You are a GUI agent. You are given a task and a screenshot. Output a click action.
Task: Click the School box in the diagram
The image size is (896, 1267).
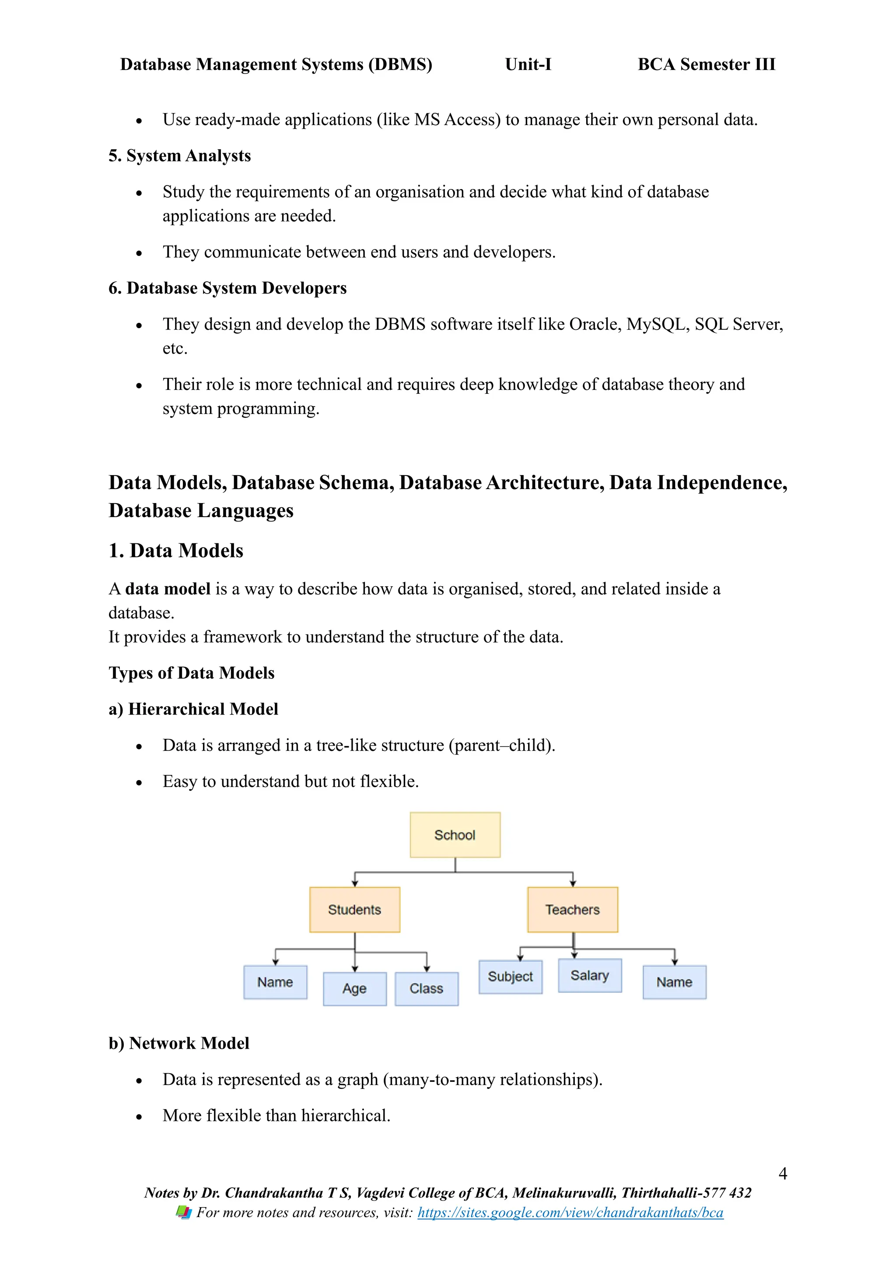(455, 834)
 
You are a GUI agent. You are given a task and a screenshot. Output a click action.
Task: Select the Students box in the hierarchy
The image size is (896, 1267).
(354, 910)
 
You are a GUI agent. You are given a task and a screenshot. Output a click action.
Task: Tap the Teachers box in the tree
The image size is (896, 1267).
(572, 910)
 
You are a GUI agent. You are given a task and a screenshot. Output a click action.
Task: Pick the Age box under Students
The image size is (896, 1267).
(354, 988)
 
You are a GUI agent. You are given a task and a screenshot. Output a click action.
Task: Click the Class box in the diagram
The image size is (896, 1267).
(426, 988)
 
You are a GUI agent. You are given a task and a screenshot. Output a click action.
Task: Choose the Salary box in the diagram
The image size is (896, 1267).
(589, 975)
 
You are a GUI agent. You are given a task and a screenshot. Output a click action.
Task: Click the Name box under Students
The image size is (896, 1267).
(275, 982)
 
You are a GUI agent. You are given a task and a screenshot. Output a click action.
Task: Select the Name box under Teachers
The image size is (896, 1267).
(674, 982)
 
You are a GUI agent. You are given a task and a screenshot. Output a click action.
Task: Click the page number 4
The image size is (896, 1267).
(782, 1173)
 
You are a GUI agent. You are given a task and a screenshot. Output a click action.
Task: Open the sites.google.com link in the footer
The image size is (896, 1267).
(570, 1212)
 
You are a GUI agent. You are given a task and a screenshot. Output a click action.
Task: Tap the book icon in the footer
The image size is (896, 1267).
(183, 1212)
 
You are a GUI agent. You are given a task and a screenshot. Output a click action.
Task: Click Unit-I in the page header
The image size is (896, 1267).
(528, 65)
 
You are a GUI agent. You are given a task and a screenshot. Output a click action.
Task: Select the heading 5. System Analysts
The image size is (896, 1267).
(179, 156)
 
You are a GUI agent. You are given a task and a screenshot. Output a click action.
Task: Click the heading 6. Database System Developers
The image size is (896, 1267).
(227, 288)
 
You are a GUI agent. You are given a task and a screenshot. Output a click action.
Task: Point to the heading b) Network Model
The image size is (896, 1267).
(179, 1043)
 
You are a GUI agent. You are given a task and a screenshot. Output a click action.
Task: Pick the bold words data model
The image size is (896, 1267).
(168, 589)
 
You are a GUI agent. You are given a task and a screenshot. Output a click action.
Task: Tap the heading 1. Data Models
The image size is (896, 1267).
(175, 550)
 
